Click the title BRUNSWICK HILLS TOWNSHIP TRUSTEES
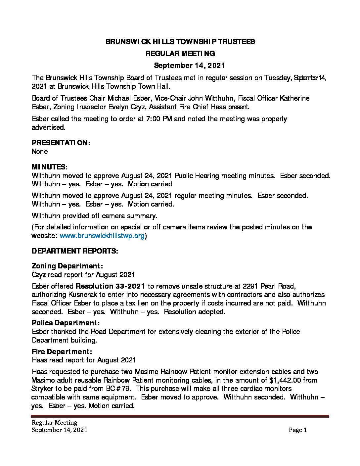180,42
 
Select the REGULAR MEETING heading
180,53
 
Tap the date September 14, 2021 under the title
189,65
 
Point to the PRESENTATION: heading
61,143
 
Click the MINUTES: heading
50,167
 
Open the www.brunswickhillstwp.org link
102,236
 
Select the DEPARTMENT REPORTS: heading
75,251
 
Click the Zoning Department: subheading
67,266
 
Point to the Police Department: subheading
66,323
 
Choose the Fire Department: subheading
62,351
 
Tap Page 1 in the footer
298,430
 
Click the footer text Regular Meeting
54,423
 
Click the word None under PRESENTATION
40,152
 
